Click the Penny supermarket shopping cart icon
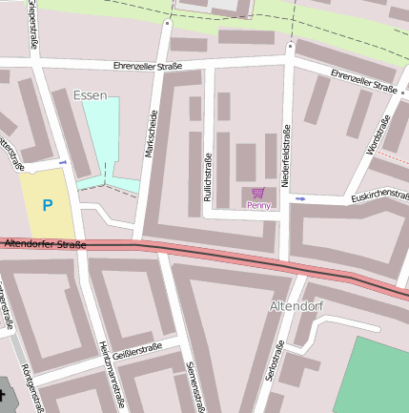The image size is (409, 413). [x=257, y=193]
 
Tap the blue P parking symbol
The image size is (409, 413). [x=47, y=204]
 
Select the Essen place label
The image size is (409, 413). [x=91, y=95]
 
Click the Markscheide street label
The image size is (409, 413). [x=151, y=133]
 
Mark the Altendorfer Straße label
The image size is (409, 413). [x=46, y=245]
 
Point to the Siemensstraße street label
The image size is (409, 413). [x=195, y=385]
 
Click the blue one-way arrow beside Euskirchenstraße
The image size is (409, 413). [x=301, y=198]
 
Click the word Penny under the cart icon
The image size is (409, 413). [x=258, y=205]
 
